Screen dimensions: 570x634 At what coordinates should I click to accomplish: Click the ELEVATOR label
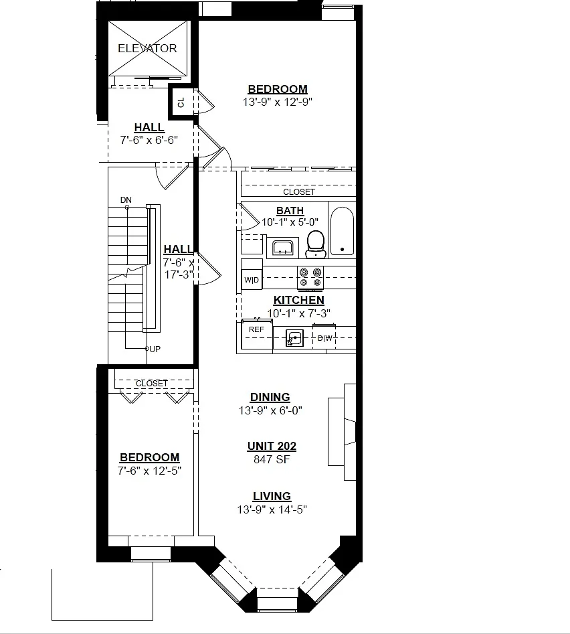pos(147,48)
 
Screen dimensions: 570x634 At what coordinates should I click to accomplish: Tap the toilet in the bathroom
pos(316,244)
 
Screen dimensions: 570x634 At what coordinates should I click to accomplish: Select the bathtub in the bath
pos(342,231)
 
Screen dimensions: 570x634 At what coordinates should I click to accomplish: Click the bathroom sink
pos(283,248)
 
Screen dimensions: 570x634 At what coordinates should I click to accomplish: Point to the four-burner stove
pos(310,277)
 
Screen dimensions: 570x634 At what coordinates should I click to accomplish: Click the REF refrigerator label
pos(256,329)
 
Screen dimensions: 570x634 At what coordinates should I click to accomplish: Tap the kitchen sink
pos(294,338)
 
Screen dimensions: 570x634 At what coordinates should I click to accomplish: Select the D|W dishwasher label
pos(324,338)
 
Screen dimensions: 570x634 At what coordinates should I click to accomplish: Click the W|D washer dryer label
pos(252,280)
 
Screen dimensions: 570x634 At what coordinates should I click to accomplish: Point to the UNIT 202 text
pos(272,446)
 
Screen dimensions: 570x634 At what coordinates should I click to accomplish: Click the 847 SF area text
pos(272,459)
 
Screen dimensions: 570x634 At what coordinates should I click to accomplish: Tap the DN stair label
pos(126,200)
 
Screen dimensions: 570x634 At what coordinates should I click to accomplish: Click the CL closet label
pos(181,102)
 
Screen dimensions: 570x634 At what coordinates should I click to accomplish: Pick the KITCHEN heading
pos(299,300)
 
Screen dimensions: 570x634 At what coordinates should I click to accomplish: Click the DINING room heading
pos(270,397)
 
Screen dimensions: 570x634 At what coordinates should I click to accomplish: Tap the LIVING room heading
pos(272,496)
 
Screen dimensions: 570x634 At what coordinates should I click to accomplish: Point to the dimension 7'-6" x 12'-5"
pos(149,471)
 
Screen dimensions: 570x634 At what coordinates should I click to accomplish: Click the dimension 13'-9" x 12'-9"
pos(278,102)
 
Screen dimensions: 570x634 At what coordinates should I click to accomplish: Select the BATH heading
pos(290,211)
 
